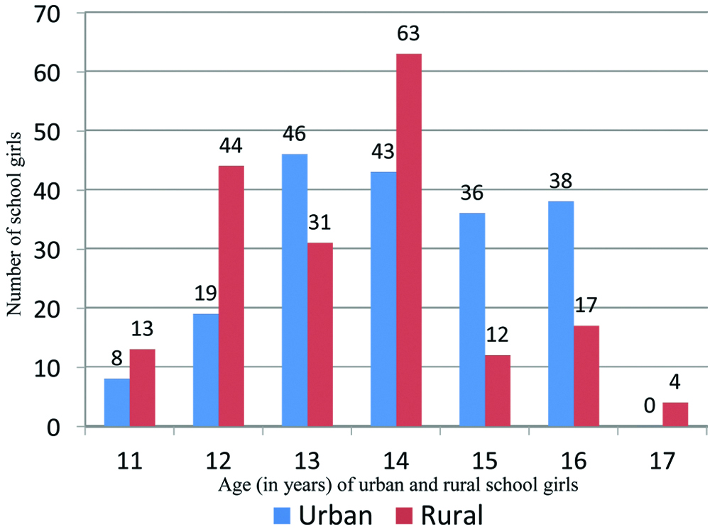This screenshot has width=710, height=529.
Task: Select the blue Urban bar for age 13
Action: coord(294,290)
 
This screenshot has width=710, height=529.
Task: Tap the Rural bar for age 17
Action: coord(675,414)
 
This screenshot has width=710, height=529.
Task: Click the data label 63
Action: coord(409,33)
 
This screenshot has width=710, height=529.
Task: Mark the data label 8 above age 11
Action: coord(116,360)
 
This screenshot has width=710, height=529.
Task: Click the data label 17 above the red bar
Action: coord(586,307)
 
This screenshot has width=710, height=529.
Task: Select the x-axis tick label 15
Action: coord(485,461)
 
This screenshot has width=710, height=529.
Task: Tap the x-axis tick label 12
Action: coord(219,461)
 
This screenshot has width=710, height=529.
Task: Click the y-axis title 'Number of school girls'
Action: coord(13,221)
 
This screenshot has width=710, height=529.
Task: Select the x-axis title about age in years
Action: coord(395,486)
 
